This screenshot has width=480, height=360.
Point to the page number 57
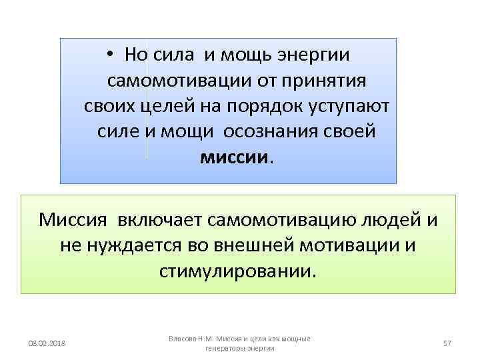447,343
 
